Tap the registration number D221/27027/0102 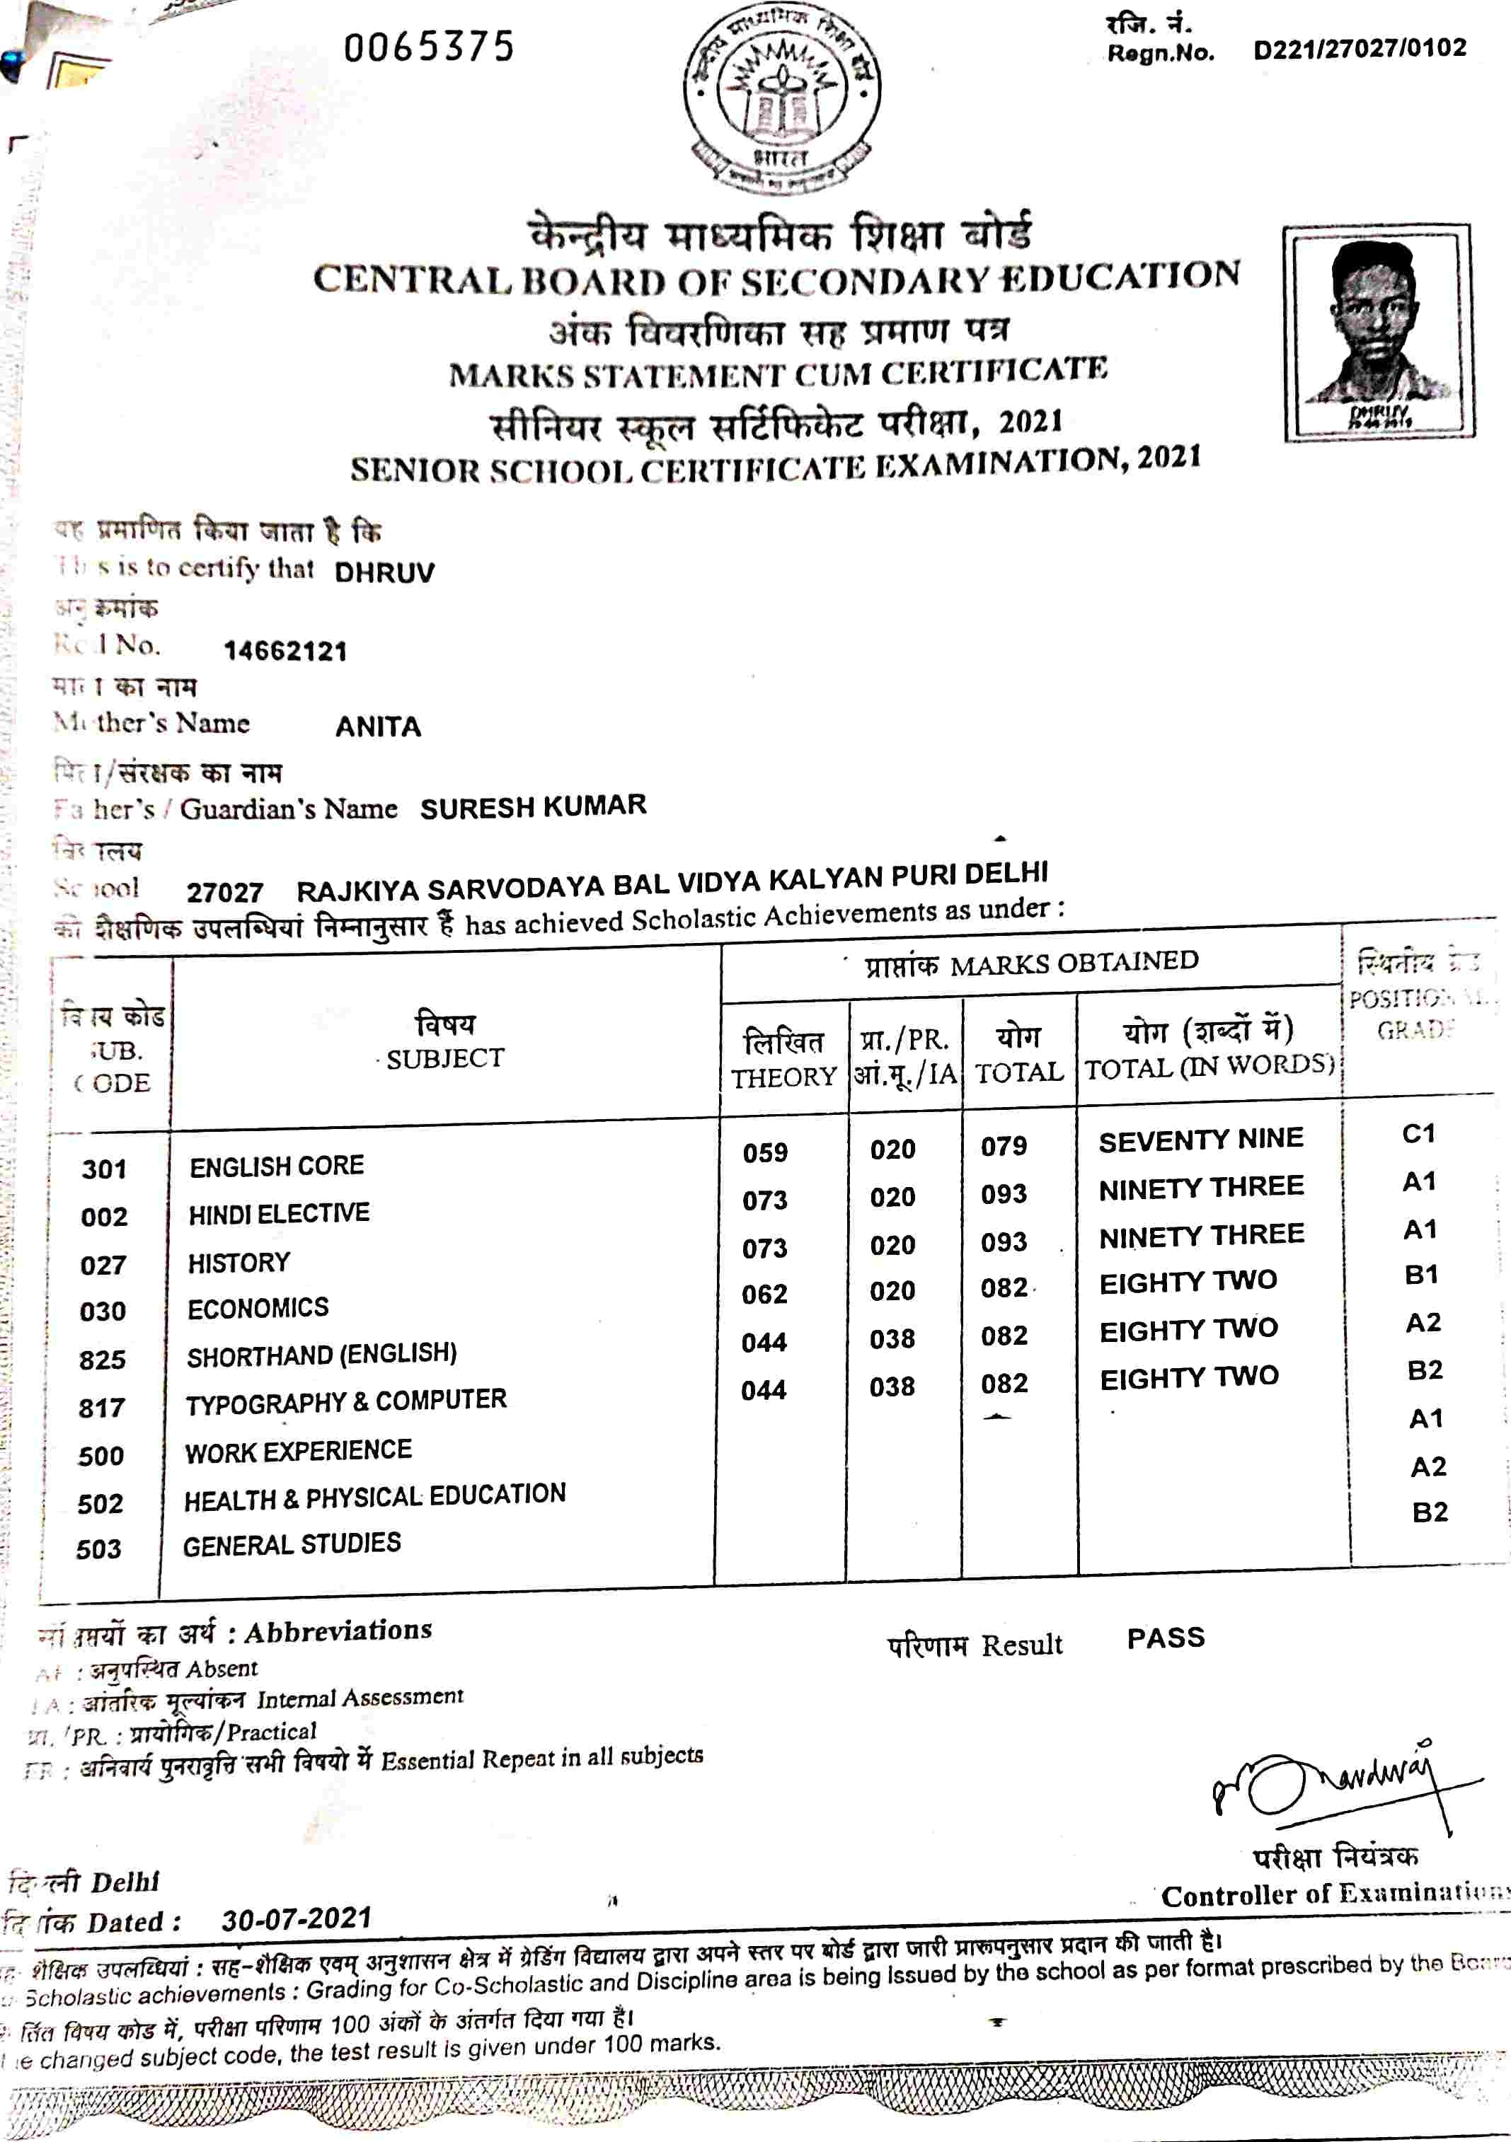point(1360,49)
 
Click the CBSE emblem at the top point(782,98)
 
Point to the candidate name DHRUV point(384,572)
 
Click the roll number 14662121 point(285,650)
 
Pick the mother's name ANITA point(378,726)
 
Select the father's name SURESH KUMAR point(533,806)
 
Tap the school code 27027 point(225,892)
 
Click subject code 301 point(103,1169)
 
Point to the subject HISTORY point(239,1262)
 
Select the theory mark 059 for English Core point(765,1152)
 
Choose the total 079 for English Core point(1004,1147)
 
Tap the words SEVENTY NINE point(1200,1140)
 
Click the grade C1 point(1418,1133)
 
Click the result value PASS point(1166,1638)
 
